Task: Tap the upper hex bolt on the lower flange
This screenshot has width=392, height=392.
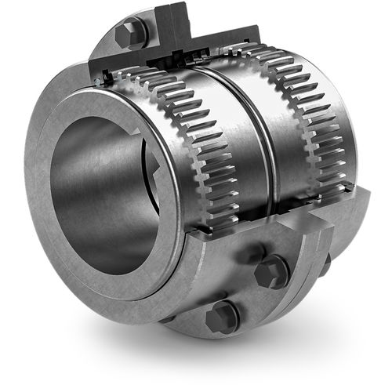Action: coord(270,270)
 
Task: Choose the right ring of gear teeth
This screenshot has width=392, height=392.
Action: coord(314,118)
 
